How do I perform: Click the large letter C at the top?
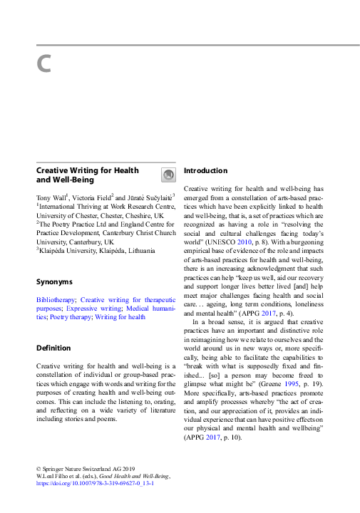pos(43,64)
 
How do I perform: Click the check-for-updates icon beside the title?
pos(168,175)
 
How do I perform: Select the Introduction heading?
pos(205,171)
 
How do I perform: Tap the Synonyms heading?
pos(54,282)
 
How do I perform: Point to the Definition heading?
pos(53,348)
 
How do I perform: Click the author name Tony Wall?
pos(51,196)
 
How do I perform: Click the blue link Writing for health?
pos(120,317)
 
